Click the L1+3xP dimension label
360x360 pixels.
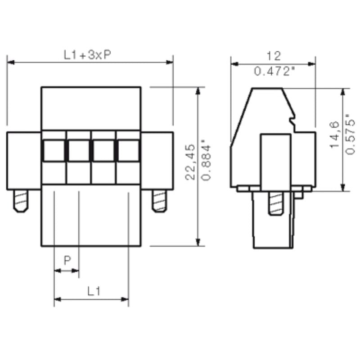(x=88, y=55)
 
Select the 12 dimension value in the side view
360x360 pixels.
(x=273, y=56)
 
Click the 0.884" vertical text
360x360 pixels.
(x=206, y=161)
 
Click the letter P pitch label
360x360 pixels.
(x=67, y=260)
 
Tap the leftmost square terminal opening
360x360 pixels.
(x=54, y=150)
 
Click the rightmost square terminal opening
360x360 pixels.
(x=128, y=150)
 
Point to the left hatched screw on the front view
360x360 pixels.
(x=20, y=201)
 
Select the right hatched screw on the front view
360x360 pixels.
(x=159, y=201)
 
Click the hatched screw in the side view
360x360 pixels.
(x=275, y=204)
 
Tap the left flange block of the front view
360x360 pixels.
(x=23, y=160)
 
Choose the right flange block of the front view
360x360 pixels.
(x=157, y=160)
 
